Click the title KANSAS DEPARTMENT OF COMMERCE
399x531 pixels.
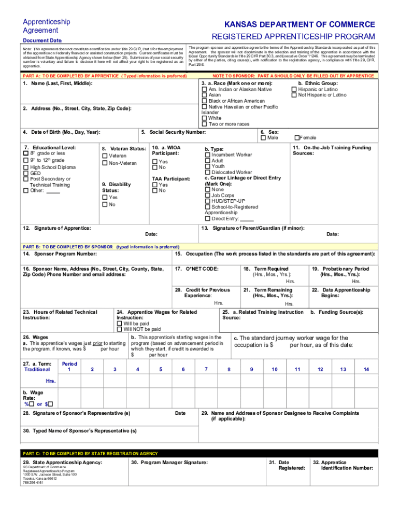pyautogui.click(x=300, y=25)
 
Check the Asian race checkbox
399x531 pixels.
pyautogui.click(x=204, y=95)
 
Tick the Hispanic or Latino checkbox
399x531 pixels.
pyautogui.click(x=295, y=90)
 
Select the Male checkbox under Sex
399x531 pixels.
pyautogui.click(x=263, y=138)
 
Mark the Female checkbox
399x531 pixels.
pyautogui.click(x=296, y=138)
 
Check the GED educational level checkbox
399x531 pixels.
pyautogui.click(x=26, y=173)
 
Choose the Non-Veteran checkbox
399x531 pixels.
pyautogui.click(x=105, y=163)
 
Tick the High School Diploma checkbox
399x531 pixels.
pyautogui.click(x=26, y=167)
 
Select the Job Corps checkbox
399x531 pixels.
pyautogui.click(x=207, y=195)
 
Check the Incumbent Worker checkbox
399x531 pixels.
pyautogui.click(x=208, y=155)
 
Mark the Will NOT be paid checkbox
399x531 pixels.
pyautogui.click(x=120, y=329)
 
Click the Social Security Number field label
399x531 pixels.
pyautogui.click(x=174, y=132)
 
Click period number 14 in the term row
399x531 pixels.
pyautogui.click(x=366, y=369)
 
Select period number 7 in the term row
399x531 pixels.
pyautogui.click(x=206, y=369)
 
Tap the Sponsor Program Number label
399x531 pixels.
pyautogui.click(x=60, y=254)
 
